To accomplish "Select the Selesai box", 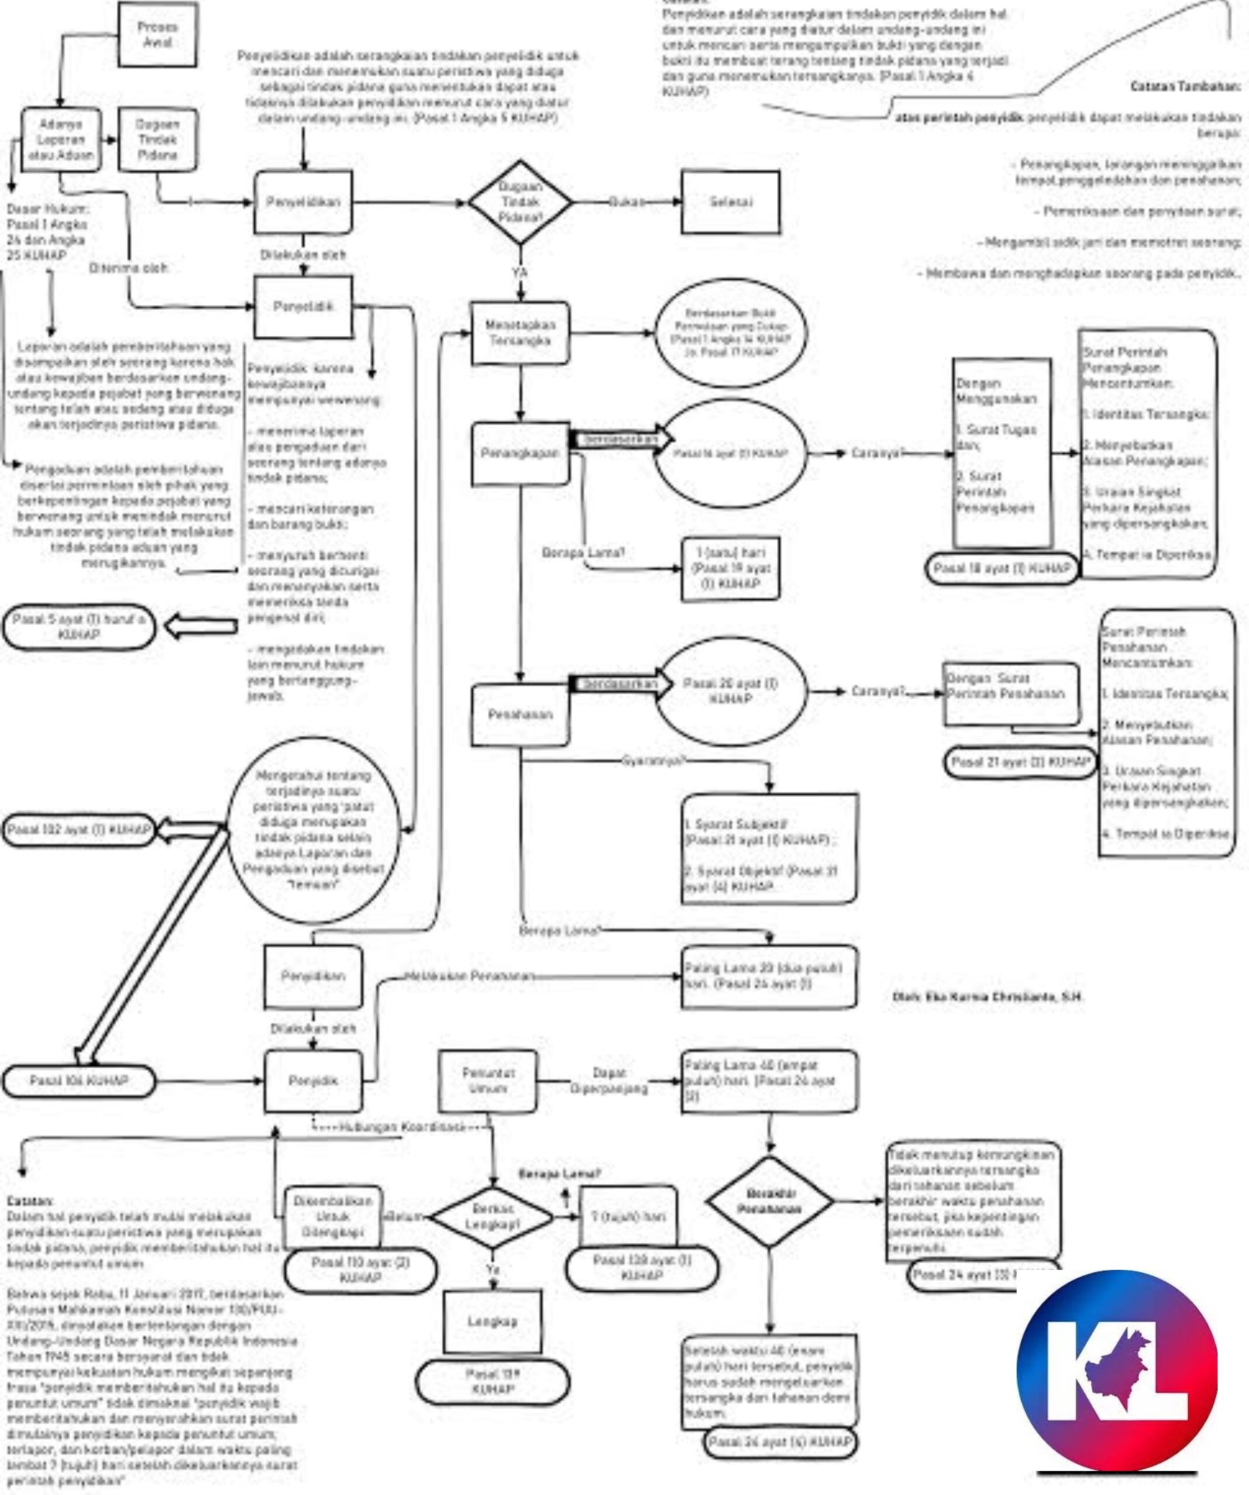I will tap(730, 202).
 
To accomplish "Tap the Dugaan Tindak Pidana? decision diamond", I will tap(520, 203).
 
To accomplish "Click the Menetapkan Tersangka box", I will tap(520, 332).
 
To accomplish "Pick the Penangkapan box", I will tap(520, 454).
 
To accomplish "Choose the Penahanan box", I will tap(520, 714).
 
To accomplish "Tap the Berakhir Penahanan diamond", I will tap(771, 1202).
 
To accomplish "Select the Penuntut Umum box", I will tap(488, 1081).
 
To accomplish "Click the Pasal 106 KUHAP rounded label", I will tap(79, 1082).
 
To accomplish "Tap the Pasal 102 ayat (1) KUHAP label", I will tap(79, 830).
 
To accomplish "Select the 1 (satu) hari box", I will tap(730, 569).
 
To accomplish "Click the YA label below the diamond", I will tap(520, 272).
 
